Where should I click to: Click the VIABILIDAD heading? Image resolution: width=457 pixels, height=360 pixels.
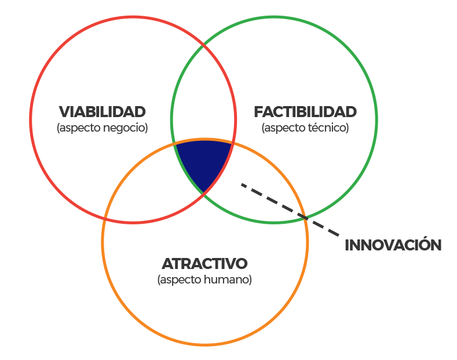pyautogui.click(x=102, y=112)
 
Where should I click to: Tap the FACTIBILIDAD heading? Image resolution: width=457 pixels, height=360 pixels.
pyautogui.click(x=305, y=112)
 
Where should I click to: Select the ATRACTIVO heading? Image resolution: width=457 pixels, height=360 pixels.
pyautogui.click(x=204, y=263)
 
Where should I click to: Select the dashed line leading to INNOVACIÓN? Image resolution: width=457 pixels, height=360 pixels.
pyautogui.click(x=290, y=209)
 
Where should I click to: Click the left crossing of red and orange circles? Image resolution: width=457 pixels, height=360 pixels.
pyautogui.click(x=105, y=218)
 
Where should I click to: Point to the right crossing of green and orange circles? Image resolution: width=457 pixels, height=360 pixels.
pyautogui.click(x=305, y=217)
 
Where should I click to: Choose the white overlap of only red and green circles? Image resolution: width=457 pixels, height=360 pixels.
pyautogui.click(x=203, y=96)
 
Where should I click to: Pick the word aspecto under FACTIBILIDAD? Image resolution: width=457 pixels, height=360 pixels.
pyautogui.click(x=285, y=128)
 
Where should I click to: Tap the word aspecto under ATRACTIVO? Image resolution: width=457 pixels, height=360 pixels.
pyautogui.click(x=181, y=280)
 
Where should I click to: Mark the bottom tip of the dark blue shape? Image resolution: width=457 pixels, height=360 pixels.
pyautogui.click(x=204, y=192)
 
